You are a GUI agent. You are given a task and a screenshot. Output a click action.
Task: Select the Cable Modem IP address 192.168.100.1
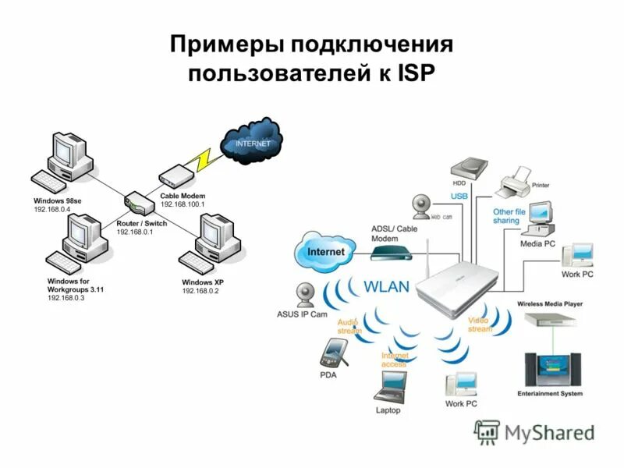coord(182,204)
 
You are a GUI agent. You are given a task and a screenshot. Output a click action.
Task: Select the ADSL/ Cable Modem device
coord(390,252)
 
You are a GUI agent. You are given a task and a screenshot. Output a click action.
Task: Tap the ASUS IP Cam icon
coord(305,294)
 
